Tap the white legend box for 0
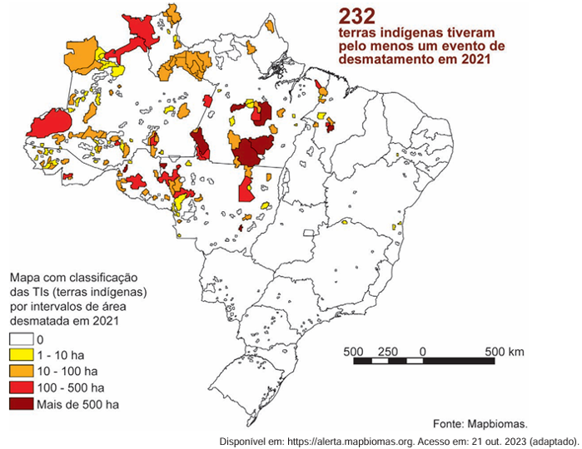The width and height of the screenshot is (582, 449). (x=21, y=340)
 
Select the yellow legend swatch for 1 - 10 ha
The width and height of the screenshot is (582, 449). (x=21, y=356)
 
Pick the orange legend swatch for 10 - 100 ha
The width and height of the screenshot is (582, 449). (x=21, y=372)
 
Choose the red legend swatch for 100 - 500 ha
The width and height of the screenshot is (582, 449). (x=21, y=387)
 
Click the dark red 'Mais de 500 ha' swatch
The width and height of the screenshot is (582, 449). (x=21, y=404)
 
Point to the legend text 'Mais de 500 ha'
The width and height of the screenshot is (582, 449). (x=77, y=404)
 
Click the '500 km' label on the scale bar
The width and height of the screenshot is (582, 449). (x=505, y=351)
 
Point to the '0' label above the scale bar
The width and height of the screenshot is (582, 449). (x=424, y=351)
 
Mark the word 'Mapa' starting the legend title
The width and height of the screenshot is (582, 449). (x=23, y=277)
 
